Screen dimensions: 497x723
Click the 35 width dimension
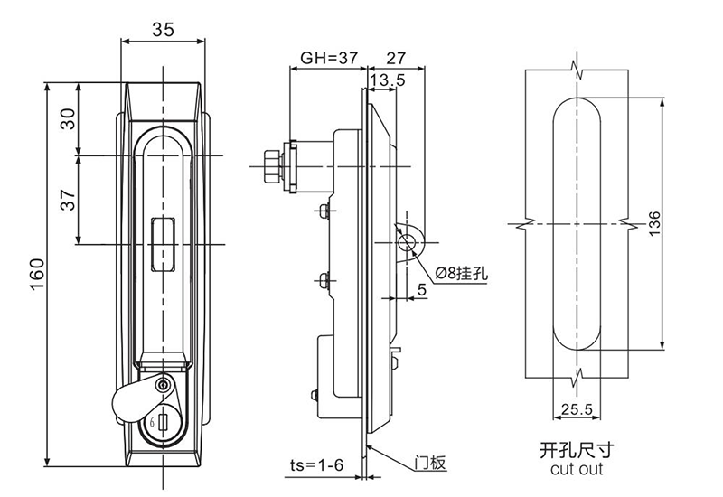click(163, 29)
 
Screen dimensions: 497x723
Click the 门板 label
click(433, 463)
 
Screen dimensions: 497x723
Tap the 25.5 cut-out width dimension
click(576, 409)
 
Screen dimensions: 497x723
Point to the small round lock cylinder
click(163, 385)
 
